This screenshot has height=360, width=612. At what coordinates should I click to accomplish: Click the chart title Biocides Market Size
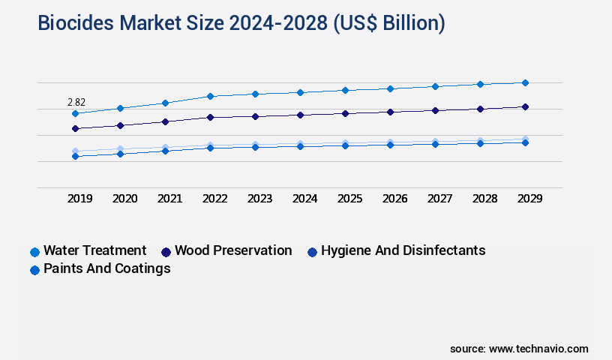coord(241,24)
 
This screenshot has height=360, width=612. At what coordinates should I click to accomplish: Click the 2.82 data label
coord(76,101)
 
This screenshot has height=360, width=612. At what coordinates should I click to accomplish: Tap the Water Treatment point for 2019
coord(75,113)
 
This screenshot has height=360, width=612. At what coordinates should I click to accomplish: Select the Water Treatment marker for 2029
coord(525,82)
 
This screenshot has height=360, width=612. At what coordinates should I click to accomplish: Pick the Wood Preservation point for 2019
coord(75,128)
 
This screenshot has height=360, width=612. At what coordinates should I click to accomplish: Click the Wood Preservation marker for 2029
coord(525,106)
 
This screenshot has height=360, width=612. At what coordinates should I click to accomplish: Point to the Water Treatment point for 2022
coord(210,96)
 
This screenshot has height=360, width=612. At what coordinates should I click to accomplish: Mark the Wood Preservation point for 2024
coord(300,115)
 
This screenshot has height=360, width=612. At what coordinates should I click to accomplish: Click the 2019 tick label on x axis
coord(79,199)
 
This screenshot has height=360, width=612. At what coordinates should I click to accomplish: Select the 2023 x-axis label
coord(259,199)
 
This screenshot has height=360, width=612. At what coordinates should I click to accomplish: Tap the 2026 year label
coord(394,199)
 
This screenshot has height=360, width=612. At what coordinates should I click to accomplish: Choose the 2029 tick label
coord(529,199)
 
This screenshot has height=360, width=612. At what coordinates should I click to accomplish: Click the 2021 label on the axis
coord(169,199)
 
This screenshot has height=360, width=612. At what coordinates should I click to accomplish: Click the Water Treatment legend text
coord(94,250)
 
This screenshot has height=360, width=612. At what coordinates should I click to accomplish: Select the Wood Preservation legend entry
coord(233,250)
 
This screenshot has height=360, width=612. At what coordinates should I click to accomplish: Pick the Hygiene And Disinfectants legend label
coord(403,250)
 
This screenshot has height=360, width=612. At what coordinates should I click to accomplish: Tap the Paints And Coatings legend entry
coord(106,268)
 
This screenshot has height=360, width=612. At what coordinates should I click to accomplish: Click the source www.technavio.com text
coord(519,349)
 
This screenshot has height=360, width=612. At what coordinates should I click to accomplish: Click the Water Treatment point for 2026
coord(390,88)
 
